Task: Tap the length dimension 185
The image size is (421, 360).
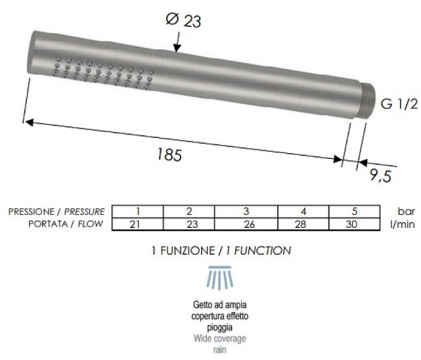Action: (x=168, y=155)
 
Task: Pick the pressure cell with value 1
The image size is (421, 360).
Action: (x=137, y=210)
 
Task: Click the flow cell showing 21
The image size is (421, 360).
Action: (x=137, y=224)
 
